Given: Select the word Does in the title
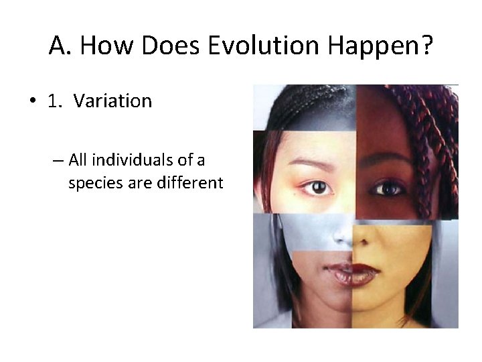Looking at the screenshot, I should (171, 46).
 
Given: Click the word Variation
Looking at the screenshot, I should (112, 101).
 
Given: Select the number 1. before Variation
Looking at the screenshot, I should (55, 101).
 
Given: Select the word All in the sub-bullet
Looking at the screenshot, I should (78, 160).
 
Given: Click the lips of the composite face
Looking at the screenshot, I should (353, 274).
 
